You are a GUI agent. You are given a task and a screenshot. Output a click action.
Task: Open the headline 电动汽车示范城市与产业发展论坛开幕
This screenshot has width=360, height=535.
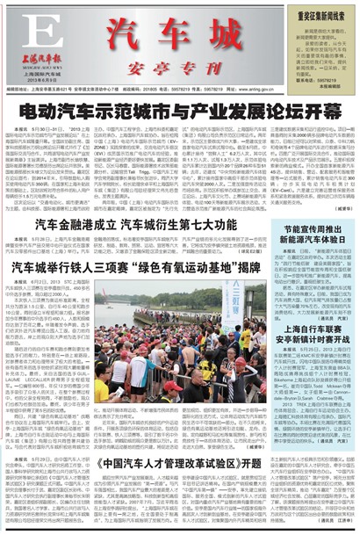[180, 112]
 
